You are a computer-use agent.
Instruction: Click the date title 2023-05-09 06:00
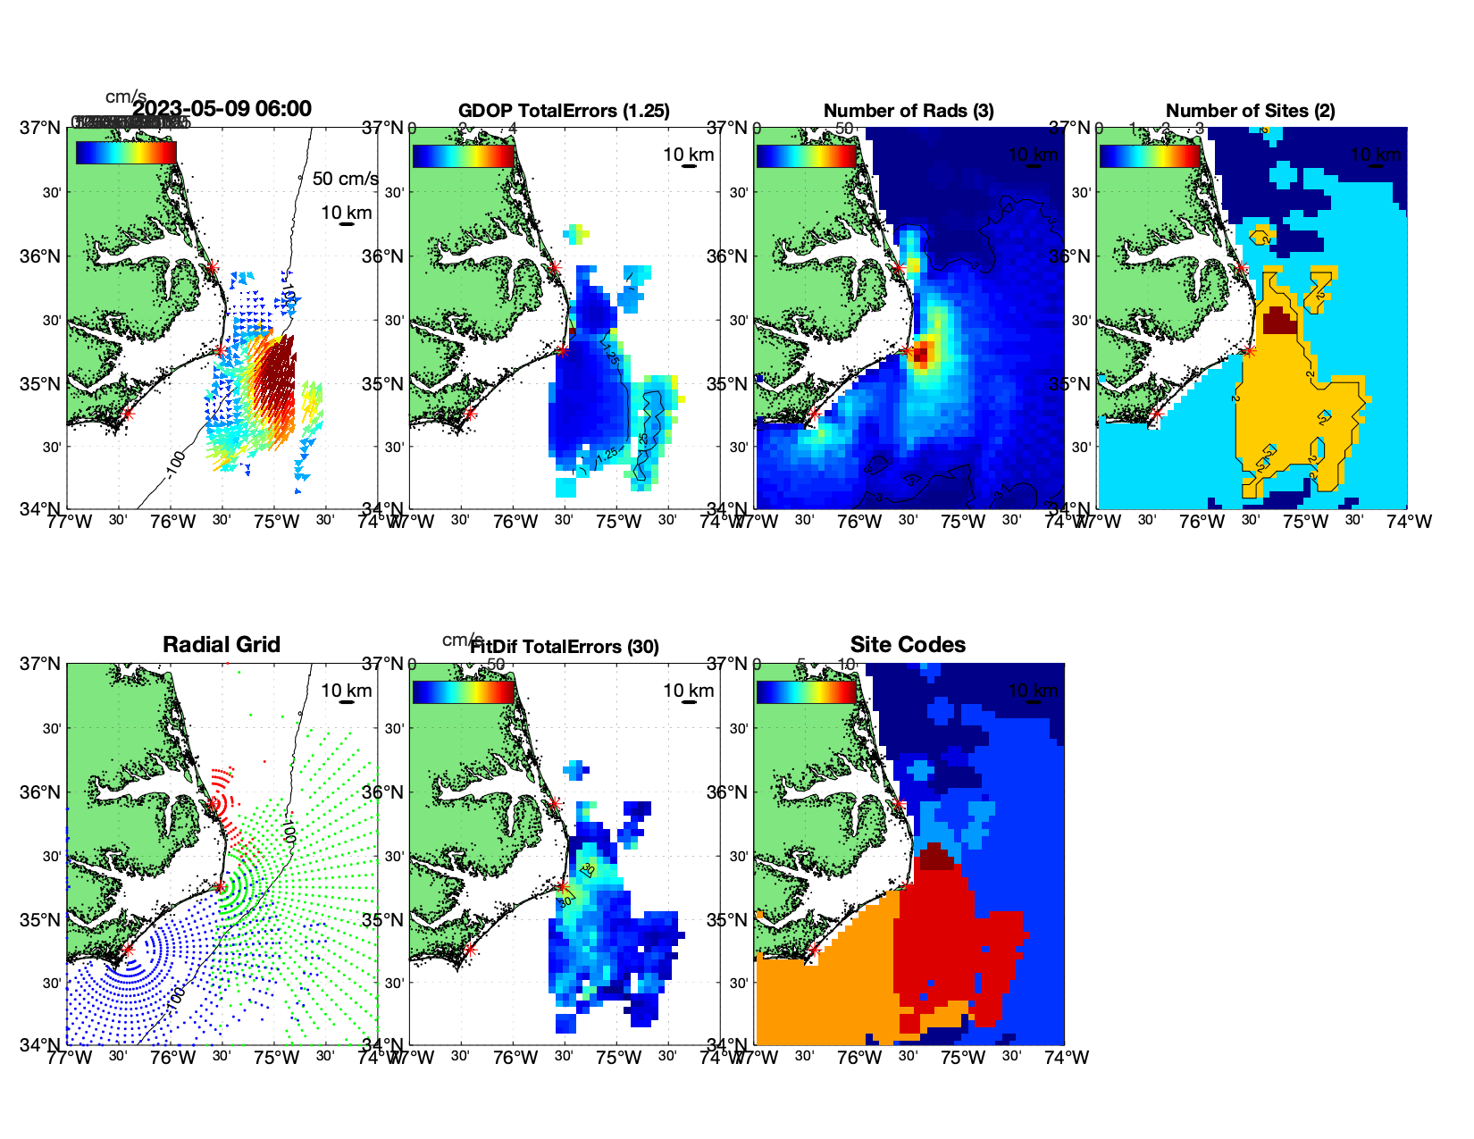(x=222, y=109)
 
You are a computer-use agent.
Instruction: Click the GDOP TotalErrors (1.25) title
(x=564, y=111)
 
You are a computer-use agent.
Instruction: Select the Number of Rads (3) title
(x=909, y=111)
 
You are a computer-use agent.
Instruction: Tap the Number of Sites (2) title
(x=1251, y=111)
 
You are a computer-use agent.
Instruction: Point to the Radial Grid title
(x=222, y=645)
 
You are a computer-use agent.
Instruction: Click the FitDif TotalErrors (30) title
(x=565, y=647)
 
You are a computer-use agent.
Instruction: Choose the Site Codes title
(x=908, y=645)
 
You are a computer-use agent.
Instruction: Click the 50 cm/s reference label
(x=345, y=179)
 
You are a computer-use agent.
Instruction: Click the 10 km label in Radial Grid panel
(x=347, y=691)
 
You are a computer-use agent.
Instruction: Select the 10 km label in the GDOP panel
(x=689, y=155)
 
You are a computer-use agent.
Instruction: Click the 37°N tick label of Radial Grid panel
(x=41, y=664)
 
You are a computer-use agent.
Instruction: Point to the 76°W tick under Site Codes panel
(x=859, y=1058)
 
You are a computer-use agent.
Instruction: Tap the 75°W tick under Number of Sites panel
(x=1305, y=522)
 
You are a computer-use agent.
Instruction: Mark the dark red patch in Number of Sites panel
(x=1279, y=321)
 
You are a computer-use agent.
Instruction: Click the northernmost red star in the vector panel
(x=212, y=267)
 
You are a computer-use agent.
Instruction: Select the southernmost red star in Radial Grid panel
(x=127, y=950)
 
